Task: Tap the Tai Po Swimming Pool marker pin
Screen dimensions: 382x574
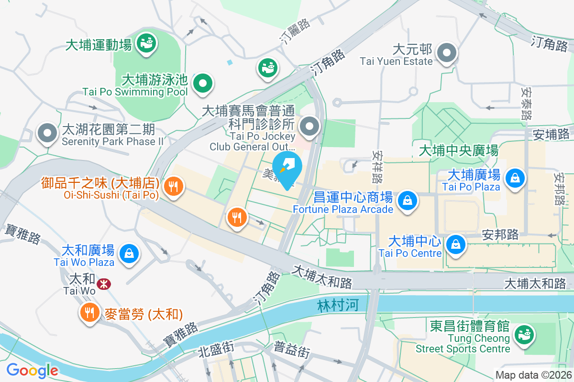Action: tap(203, 85)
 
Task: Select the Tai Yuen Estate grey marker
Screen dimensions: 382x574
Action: tap(447, 53)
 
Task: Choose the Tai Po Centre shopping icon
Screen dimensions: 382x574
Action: tap(456, 244)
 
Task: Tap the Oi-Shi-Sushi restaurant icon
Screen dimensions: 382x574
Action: tap(173, 187)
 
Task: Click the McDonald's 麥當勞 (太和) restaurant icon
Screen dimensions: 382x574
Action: tap(89, 313)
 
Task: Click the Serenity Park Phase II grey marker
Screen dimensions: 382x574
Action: tap(47, 133)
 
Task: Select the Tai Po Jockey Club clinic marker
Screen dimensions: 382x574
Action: tap(310, 127)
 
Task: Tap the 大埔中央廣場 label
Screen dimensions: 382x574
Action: tap(458, 151)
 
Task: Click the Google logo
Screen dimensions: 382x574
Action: tap(32, 370)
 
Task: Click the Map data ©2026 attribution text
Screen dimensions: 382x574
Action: tap(533, 375)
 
